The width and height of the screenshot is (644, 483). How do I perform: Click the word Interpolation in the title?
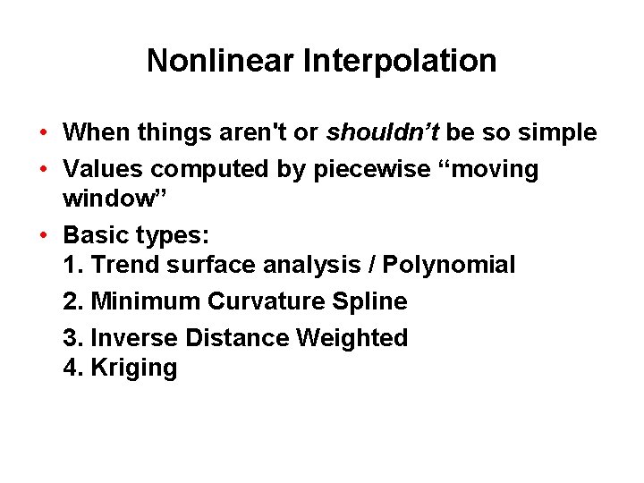[400, 62]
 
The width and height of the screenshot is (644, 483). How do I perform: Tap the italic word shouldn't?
[382, 133]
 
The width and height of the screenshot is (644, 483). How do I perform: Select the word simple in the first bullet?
[558, 133]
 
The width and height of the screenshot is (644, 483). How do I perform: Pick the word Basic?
[93, 236]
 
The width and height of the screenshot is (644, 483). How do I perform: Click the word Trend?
[124, 266]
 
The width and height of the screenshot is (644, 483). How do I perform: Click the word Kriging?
[134, 369]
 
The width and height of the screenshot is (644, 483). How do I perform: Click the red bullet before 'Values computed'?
[43, 170]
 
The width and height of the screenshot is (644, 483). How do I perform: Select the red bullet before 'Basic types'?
[43, 236]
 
